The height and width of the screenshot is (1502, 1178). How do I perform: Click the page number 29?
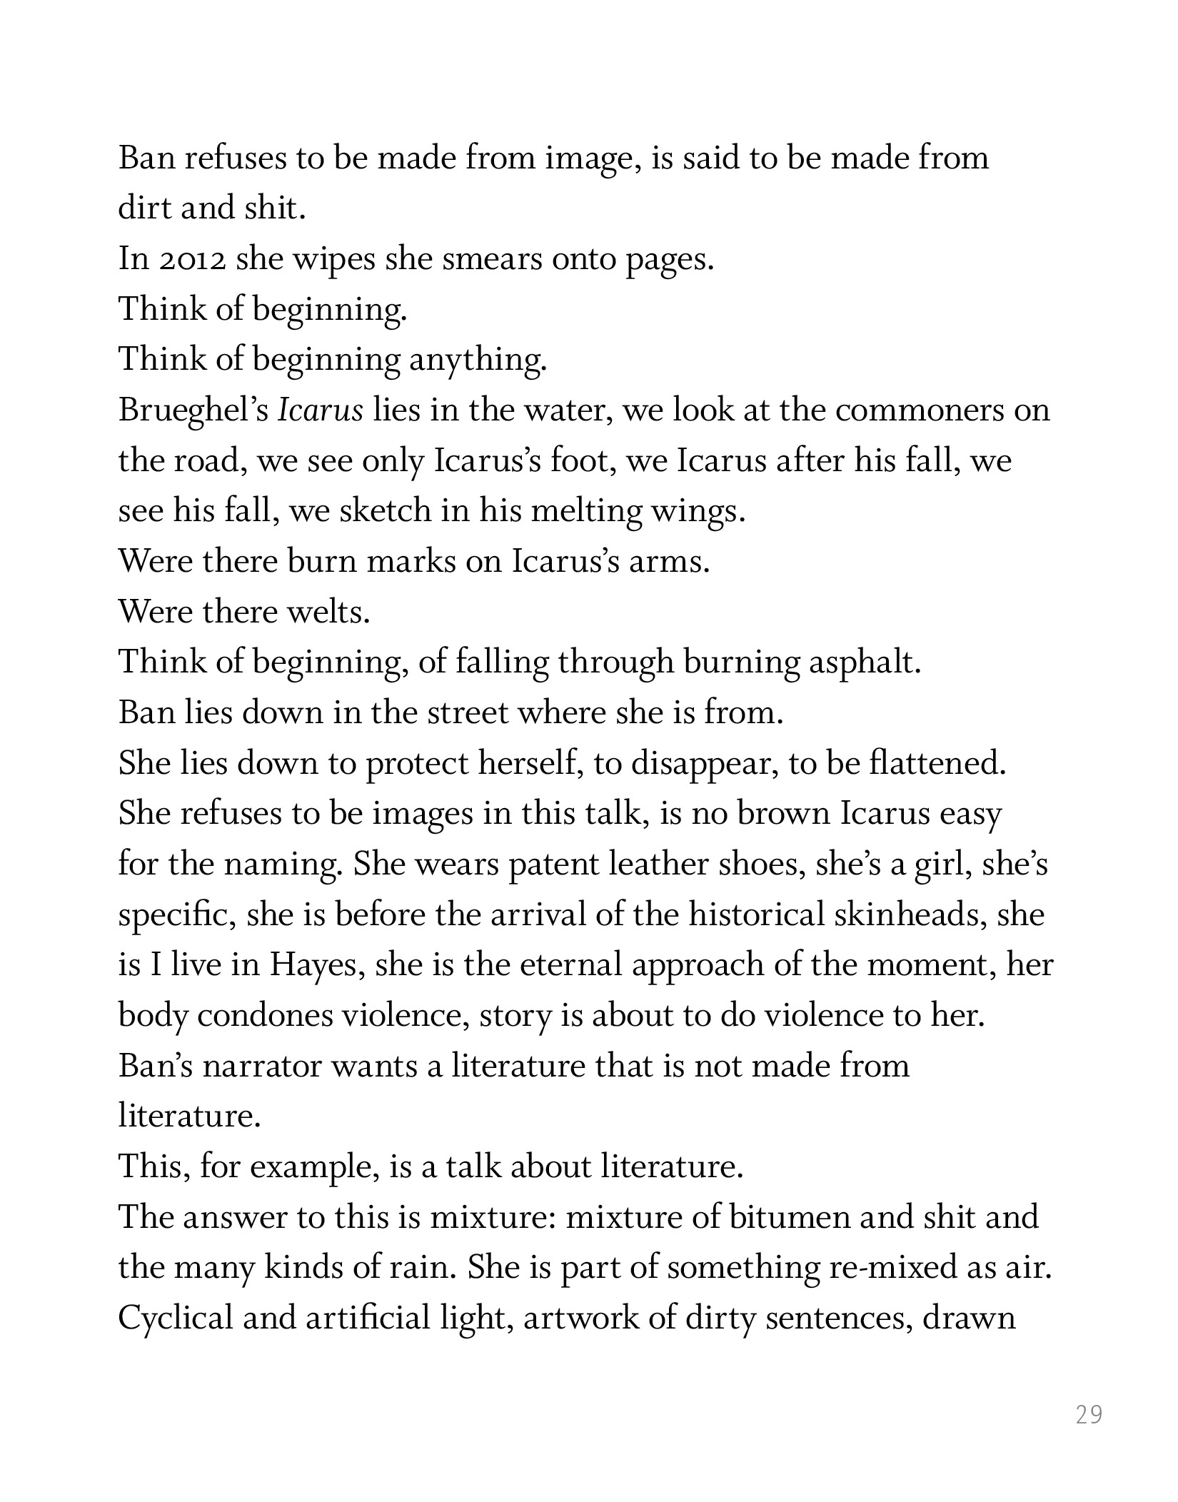pos(1089,1414)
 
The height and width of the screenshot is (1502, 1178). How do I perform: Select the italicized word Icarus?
pos(320,410)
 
